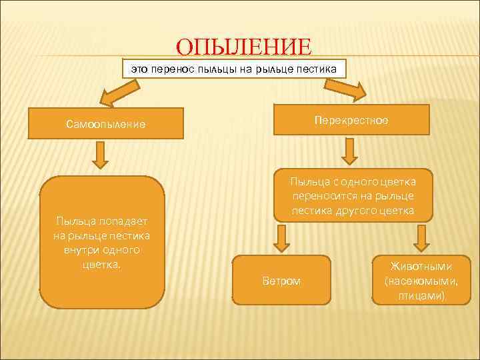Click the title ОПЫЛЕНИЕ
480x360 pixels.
(x=243, y=48)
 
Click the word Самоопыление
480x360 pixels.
(x=106, y=124)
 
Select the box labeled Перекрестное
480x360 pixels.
(x=351, y=120)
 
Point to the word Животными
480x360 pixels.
(x=421, y=266)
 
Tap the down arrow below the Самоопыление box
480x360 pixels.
(x=100, y=155)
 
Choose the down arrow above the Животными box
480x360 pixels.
(x=421, y=238)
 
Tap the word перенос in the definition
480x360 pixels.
(x=173, y=69)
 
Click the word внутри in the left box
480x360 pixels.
(x=83, y=249)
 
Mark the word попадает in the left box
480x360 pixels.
(x=126, y=221)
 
